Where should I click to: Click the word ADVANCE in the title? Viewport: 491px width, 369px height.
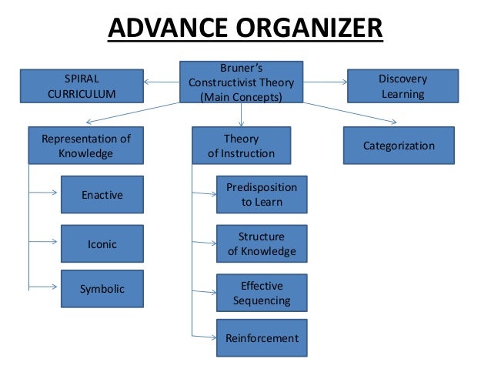click(x=163, y=30)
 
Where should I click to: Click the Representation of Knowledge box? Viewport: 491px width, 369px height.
click(x=85, y=146)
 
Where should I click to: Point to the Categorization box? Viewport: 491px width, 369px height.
click(x=399, y=146)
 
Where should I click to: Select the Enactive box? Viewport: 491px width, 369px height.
click(x=102, y=195)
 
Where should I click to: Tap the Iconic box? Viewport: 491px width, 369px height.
click(x=102, y=243)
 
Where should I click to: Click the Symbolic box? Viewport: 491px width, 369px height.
click(x=102, y=289)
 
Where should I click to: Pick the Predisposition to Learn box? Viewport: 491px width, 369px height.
click(x=262, y=195)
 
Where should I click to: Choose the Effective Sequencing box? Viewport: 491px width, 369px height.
click(x=262, y=293)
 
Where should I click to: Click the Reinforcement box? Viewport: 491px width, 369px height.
click(x=262, y=337)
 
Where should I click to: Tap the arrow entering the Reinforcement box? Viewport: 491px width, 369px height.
click(x=203, y=337)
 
